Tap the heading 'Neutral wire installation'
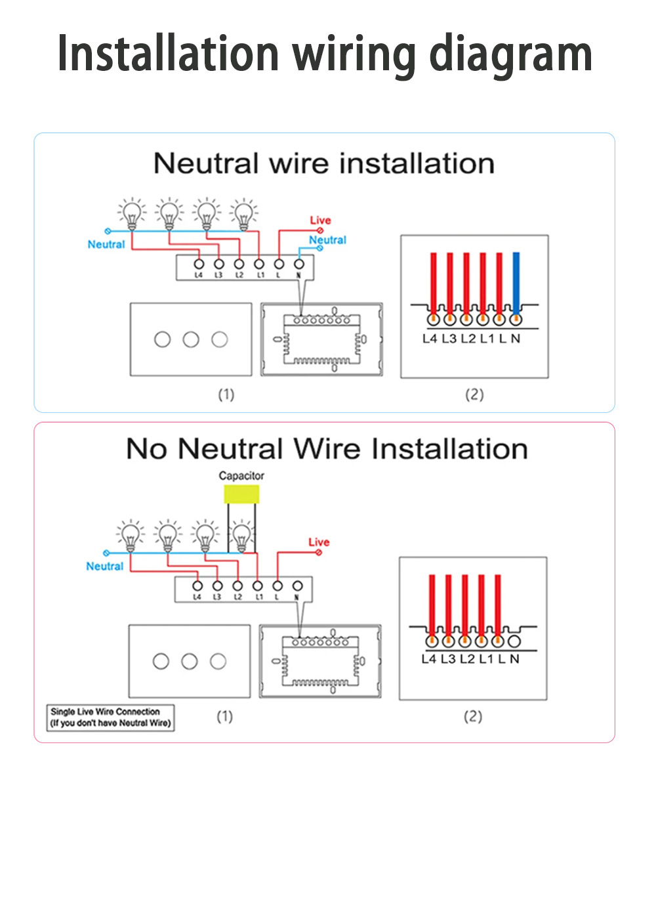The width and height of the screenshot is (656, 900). pyautogui.click(x=324, y=163)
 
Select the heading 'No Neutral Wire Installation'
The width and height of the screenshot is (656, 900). pyautogui.click(x=327, y=449)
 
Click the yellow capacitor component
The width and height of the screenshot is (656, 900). pyautogui.click(x=241, y=494)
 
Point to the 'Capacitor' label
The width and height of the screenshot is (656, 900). pyautogui.click(x=241, y=475)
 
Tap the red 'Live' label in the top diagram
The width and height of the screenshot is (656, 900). pyautogui.click(x=320, y=220)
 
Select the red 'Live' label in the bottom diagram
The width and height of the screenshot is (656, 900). pyautogui.click(x=319, y=542)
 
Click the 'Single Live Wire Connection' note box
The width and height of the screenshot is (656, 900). pyautogui.click(x=111, y=717)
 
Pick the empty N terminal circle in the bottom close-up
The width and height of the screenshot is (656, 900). pyautogui.click(x=514, y=641)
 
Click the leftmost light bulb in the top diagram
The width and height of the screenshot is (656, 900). pyautogui.click(x=133, y=212)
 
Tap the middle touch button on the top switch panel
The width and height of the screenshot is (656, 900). pyautogui.click(x=191, y=339)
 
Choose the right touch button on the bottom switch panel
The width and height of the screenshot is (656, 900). pyautogui.click(x=218, y=661)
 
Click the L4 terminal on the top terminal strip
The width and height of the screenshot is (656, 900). pyautogui.click(x=199, y=264)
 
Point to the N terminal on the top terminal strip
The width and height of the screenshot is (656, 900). pyautogui.click(x=299, y=264)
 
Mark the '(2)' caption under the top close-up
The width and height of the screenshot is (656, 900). pyautogui.click(x=474, y=395)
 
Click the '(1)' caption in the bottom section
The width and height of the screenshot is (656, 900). pyautogui.click(x=224, y=716)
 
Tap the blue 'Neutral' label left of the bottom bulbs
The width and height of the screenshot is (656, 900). pyautogui.click(x=105, y=566)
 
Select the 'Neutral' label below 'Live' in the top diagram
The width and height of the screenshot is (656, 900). pyautogui.click(x=327, y=240)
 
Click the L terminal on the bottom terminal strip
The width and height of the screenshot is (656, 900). pyautogui.click(x=277, y=586)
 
